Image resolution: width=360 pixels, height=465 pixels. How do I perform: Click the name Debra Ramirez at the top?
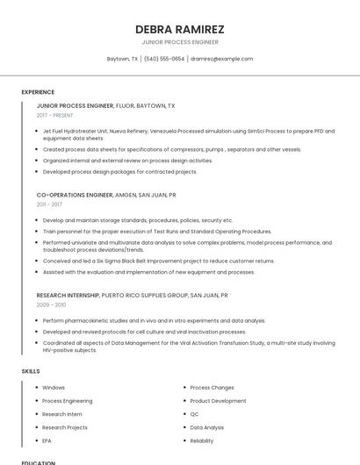pos(180,29)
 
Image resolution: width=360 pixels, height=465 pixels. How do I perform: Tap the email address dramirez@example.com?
pos(221,59)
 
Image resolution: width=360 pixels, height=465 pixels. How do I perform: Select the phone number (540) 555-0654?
pos(164,59)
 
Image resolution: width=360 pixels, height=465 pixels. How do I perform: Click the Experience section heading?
pos(38,92)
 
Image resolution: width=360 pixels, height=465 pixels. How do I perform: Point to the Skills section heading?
pos(31,371)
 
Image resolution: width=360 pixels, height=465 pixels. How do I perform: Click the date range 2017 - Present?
pos(55,115)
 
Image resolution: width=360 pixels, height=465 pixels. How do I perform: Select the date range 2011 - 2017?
pos(49,204)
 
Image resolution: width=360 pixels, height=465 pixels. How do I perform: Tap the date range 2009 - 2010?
pos(51,304)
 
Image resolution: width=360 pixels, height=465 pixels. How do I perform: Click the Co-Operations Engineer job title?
pos(75,195)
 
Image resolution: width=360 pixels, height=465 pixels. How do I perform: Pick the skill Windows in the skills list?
pos(54,387)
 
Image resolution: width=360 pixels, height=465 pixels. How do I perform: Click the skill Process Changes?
pos(212,387)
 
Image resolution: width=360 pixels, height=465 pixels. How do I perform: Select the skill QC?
pos(194,413)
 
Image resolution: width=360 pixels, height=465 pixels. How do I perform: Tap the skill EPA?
pos(47,440)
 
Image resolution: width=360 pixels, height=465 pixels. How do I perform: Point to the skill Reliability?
pos(202,440)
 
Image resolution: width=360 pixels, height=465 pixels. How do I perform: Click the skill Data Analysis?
pos(207,427)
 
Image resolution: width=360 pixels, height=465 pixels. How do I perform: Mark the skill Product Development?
pos(218,400)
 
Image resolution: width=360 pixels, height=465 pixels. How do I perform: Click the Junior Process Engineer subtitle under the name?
pos(180,42)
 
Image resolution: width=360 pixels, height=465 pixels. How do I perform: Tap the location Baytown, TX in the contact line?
pos(122,59)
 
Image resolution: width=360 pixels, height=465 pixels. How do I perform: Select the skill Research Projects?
pos(65,427)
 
